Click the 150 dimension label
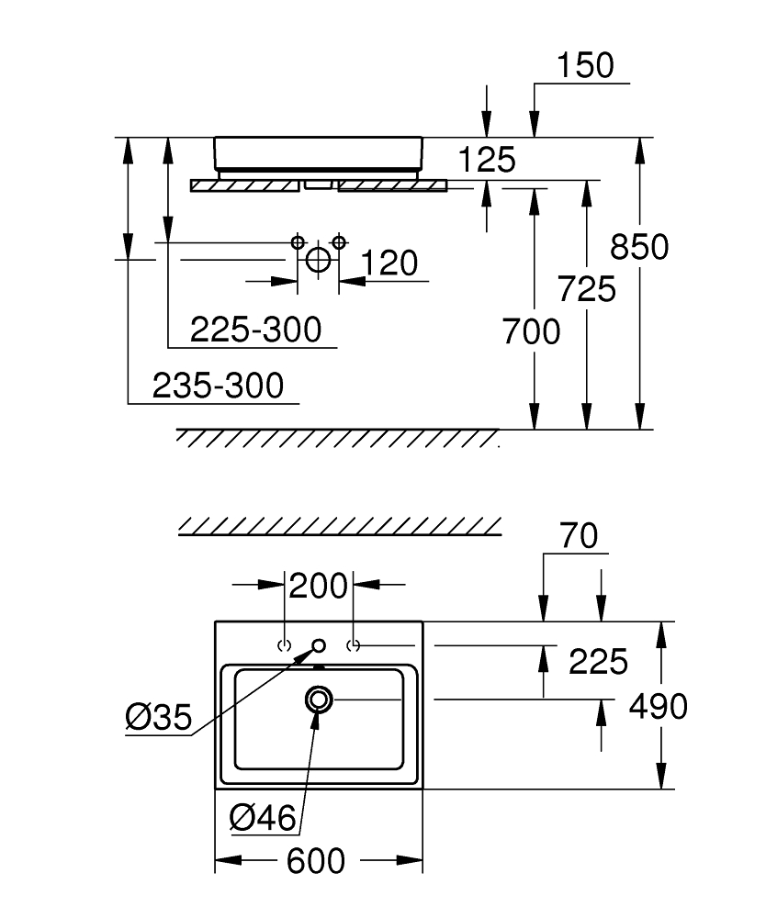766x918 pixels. click(x=585, y=65)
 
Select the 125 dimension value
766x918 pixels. click(x=487, y=160)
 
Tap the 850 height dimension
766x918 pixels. click(x=639, y=246)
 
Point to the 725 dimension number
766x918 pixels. click(x=586, y=289)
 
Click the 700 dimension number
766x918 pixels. click(x=531, y=332)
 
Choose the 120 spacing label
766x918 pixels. click(x=389, y=263)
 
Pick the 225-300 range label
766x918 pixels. click(x=256, y=330)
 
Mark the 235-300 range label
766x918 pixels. click(x=218, y=386)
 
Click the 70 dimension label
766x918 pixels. click(x=579, y=536)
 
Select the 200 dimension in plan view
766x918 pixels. click(x=318, y=586)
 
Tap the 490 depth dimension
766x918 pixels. click(x=659, y=707)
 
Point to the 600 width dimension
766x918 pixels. click(x=316, y=861)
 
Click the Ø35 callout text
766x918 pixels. click(x=159, y=717)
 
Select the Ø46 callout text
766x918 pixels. click(x=263, y=817)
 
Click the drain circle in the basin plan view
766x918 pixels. click(x=319, y=699)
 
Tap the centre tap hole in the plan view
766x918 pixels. click(x=320, y=645)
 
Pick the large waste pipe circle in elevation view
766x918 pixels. click(x=319, y=260)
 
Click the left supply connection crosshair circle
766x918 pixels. click(x=299, y=241)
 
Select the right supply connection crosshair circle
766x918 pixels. click(x=339, y=241)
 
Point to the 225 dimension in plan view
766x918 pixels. click(x=598, y=662)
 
